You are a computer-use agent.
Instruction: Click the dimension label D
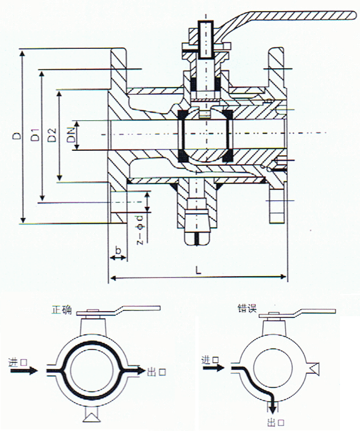18,135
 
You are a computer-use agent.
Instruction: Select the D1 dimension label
36,135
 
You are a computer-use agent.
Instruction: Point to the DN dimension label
71,135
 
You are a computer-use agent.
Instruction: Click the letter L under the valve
198,270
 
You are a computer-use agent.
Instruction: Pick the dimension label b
118,251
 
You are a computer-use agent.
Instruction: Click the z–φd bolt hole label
140,230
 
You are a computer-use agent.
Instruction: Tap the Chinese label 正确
61,310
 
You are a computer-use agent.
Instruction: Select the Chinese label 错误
247,308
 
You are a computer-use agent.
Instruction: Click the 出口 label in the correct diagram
156,372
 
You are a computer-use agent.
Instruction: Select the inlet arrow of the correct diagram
24,371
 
